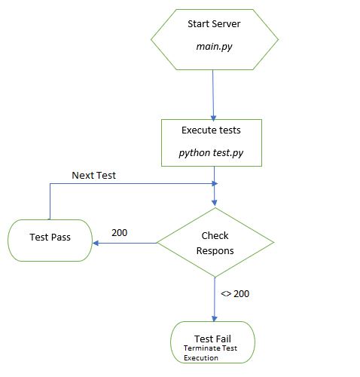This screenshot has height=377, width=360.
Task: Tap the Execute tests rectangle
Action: pos(211,142)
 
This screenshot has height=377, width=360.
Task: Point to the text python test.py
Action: pos(211,153)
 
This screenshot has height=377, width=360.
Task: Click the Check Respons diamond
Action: pos(215,243)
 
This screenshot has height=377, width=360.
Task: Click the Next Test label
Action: pos(93,175)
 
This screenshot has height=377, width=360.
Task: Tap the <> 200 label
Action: pos(235,293)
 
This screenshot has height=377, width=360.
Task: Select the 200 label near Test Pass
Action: pos(119,232)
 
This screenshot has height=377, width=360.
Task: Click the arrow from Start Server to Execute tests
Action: pos(214,94)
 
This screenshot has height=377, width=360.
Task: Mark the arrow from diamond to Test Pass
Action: pos(124,243)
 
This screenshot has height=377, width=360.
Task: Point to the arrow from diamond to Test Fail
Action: pos(215,298)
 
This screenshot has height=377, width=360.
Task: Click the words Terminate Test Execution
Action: pos(211,354)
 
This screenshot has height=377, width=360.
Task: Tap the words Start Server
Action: pos(214,24)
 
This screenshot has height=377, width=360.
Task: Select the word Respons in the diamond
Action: pos(215,250)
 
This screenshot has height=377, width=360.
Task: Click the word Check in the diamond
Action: pos(215,236)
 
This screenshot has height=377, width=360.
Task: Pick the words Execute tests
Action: pos(211,130)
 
